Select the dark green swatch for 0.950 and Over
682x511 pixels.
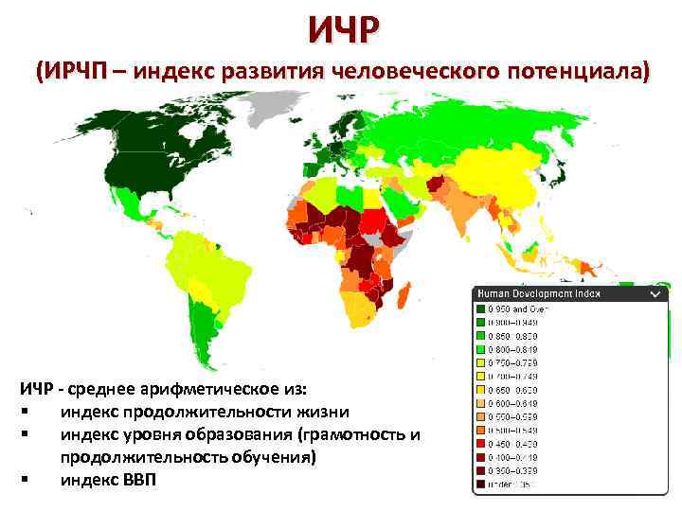click(x=480, y=308)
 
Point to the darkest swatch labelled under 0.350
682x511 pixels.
click(x=480, y=485)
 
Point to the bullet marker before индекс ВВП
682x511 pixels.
click(x=21, y=480)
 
